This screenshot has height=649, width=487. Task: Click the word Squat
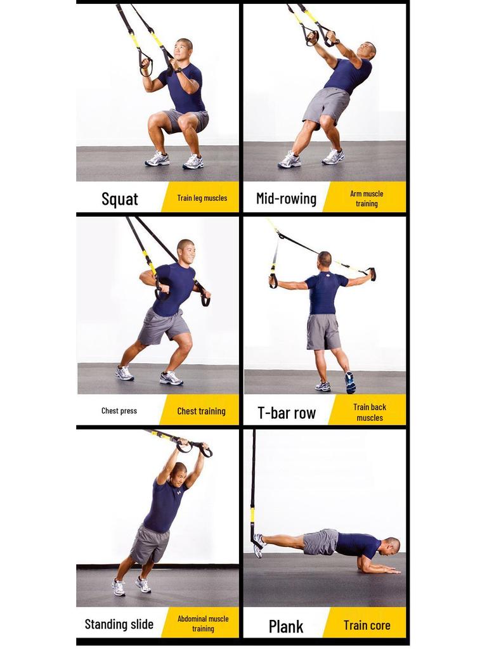point(120,199)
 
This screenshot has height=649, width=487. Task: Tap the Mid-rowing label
point(286,198)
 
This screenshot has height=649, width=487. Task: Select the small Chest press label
point(119,411)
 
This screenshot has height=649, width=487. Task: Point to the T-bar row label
point(287,413)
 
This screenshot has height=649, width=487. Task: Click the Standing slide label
point(119,624)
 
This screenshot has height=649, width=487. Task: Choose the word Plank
point(286,626)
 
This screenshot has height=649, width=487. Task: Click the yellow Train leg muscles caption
point(202,198)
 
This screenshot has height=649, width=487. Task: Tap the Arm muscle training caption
point(367,198)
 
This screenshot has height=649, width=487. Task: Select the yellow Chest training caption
point(201,411)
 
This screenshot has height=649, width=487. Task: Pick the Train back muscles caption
point(370,413)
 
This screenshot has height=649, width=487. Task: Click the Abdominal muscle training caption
point(203,624)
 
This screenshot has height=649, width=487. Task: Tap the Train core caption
point(367,626)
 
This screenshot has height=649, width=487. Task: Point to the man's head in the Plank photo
point(392,546)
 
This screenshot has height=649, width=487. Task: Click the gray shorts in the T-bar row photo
point(323,331)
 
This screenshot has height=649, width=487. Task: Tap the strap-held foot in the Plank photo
point(257,544)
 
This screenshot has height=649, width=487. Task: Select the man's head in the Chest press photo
point(186,252)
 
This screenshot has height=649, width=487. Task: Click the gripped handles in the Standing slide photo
point(193,447)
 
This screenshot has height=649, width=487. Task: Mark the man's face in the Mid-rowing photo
point(365,50)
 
